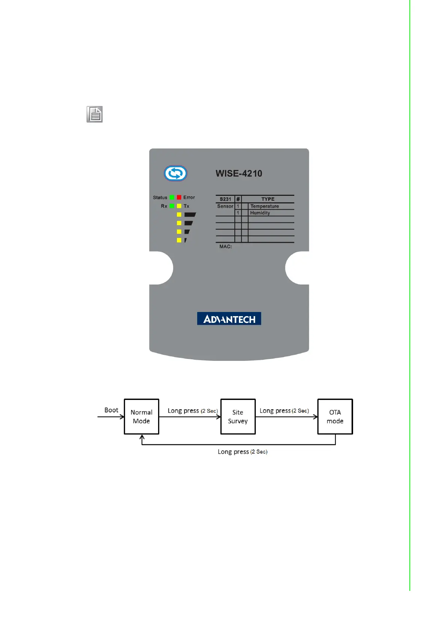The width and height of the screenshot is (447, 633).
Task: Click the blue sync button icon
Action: [175, 173]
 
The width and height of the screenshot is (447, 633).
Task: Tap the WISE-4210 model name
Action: [239, 173]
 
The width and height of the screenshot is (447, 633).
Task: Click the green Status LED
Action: [172, 197]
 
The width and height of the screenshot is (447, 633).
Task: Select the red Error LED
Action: [179, 197]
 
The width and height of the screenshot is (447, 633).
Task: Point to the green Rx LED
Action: [172, 206]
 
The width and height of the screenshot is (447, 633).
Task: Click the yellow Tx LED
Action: [179, 206]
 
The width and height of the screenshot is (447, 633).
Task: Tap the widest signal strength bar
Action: [190, 215]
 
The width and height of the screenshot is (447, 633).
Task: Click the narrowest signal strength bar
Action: [186, 240]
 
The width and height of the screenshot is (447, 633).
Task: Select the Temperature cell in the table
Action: [264, 206]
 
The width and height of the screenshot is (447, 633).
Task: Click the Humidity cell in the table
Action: [260, 213]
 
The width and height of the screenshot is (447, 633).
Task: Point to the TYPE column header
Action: [268, 199]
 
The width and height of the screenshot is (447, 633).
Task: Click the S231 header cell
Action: [225, 199]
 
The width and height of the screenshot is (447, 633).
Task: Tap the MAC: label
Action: [225, 247]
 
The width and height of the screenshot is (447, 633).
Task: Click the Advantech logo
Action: [229, 319]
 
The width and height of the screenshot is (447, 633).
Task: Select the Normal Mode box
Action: [142, 416]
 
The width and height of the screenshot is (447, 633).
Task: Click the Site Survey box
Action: [238, 416]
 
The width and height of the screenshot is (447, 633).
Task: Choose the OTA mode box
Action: [335, 416]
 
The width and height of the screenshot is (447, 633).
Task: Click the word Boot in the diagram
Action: [111, 410]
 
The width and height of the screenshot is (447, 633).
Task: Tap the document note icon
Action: [95, 114]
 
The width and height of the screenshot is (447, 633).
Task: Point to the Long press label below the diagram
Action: [242, 452]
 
